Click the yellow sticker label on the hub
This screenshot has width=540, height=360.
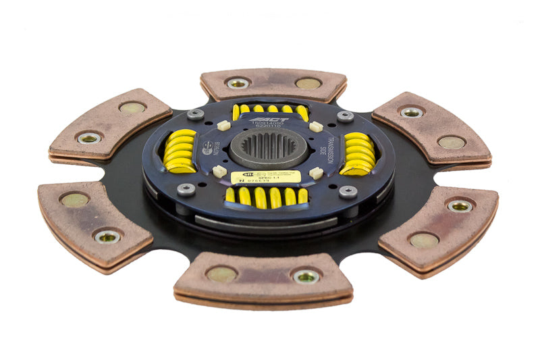[265, 177]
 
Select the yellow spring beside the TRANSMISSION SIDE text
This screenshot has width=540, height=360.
[358, 153]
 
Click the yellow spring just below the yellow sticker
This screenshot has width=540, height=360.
[266, 197]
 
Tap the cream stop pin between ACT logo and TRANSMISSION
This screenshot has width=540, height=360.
[315, 126]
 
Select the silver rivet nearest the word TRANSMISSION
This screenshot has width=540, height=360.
[345, 116]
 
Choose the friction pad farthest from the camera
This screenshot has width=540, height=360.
[273, 83]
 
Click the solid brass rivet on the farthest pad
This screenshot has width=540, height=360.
[308, 84]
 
